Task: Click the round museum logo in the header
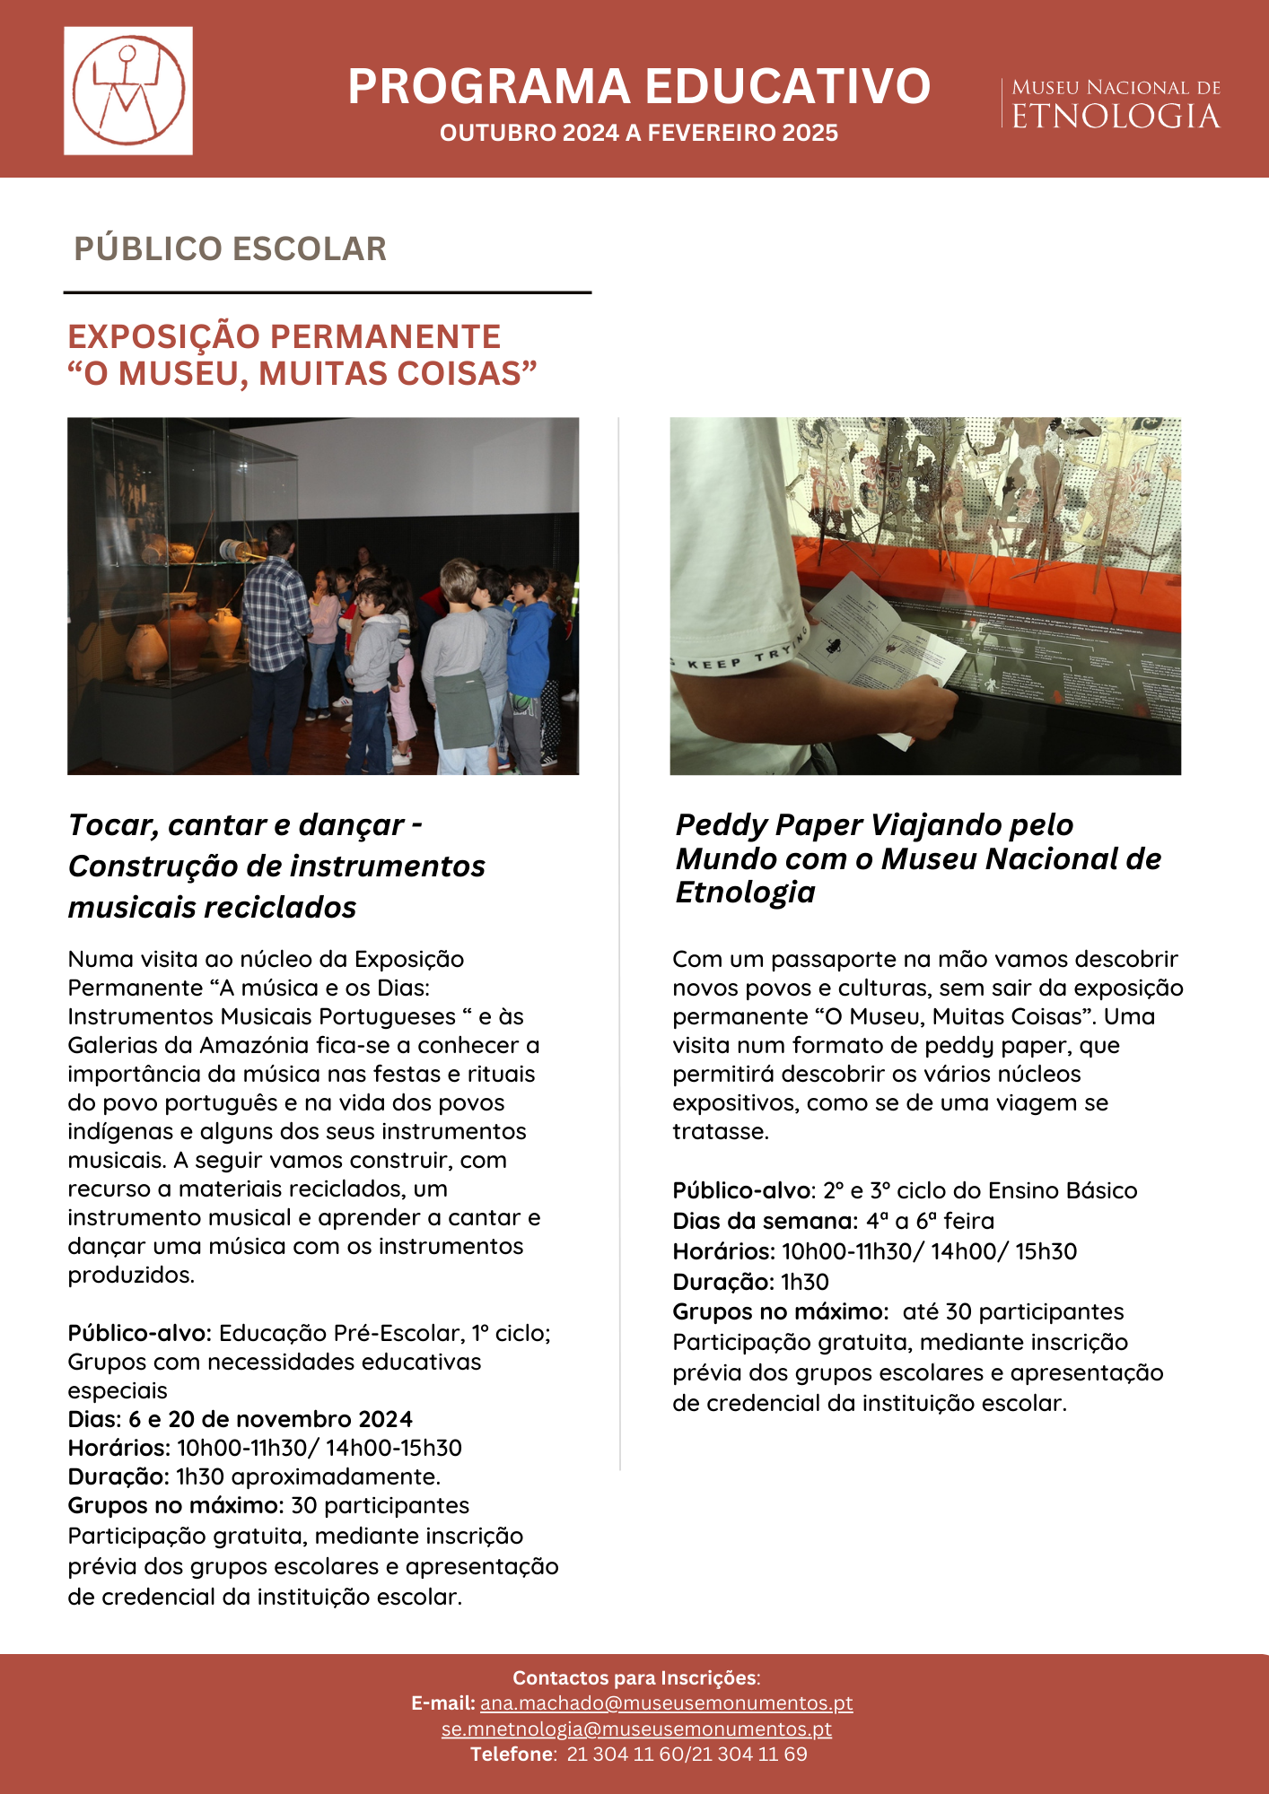pyautogui.click(x=128, y=91)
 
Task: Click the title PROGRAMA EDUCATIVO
pyautogui.click(x=639, y=87)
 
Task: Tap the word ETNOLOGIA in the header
pyautogui.click(x=1116, y=117)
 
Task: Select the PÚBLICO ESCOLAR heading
pyautogui.click(x=230, y=248)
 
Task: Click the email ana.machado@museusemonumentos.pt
pyautogui.click(x=666, y=1703)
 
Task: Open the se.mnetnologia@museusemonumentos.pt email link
pyautogui.click(x=636, y=1729)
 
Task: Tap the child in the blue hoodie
pyautogui.click(x=529, y=646)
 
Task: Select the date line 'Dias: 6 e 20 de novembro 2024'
pyautogui.click(x=240, y=1419)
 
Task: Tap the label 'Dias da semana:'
pyautogui.click(x=765, y=1221)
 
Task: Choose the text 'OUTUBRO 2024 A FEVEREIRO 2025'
pyautogui.click(x=639, y=133)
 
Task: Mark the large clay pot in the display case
pyautogui.click(x=184, y=637)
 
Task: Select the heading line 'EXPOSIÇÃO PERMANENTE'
pyautogui.click(x=284, y=336)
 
